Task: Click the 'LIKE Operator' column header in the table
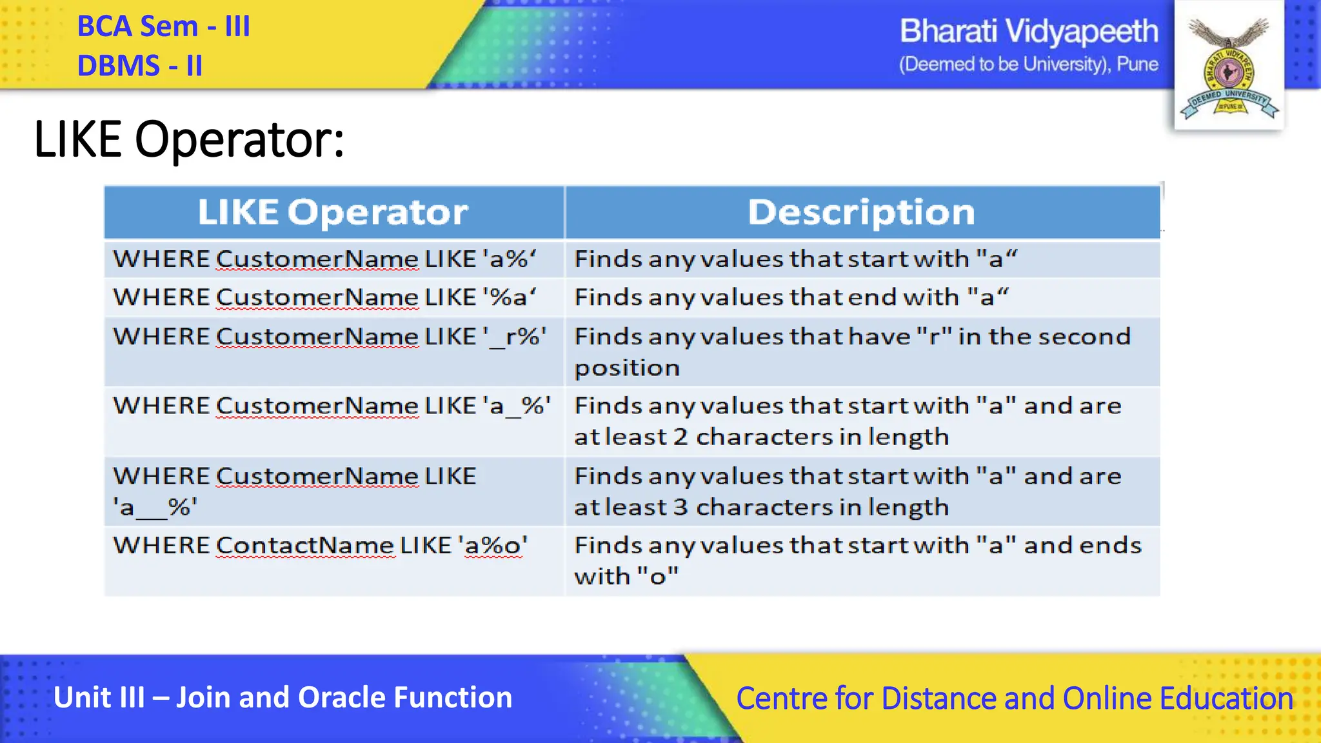[x=333, y=212]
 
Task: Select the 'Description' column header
[x=861, y=212]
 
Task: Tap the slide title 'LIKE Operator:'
[x=188, y=139]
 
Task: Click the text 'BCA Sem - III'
[x=163, y=27]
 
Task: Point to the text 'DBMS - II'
[x=140, y=66]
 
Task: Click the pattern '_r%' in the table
[x=514, y=337]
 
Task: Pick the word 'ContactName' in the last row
[x=304, y=546]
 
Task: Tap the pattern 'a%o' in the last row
[x=493, y=546]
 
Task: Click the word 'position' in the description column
[x=627, y=368]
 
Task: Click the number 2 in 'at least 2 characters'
[x=680, y=437]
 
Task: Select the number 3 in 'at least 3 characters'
[x=680, y=508]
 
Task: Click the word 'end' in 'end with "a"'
[x=872, y=297]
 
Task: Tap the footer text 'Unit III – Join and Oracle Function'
[x=283, y=698]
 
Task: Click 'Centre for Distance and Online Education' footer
[x=1014, y=698]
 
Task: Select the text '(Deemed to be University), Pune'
[x=1028, y=64]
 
